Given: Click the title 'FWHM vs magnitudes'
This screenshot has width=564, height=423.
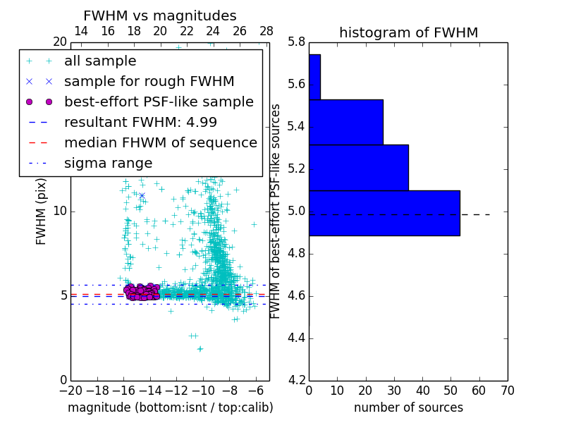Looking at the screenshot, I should (160, 16).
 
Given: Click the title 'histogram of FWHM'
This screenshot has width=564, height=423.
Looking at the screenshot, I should (408, 33).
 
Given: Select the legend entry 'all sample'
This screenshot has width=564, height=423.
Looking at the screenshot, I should (100, 61).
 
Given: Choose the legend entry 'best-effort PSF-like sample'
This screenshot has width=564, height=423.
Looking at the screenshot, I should (159, 102).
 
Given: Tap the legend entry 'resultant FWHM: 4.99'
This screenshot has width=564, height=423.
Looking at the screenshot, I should (140, 122).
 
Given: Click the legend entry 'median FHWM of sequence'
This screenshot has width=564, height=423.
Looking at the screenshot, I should (160, 142).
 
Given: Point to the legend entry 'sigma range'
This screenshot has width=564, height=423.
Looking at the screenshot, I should (108, 163).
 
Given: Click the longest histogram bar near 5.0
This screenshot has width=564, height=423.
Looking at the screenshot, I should (384, 213).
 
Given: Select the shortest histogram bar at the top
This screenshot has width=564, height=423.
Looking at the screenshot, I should (314, 77).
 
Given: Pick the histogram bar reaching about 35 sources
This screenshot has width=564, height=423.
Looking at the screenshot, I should (359, 167).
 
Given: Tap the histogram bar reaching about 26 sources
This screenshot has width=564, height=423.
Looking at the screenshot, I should (345, 122).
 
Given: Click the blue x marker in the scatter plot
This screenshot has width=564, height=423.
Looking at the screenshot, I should (142, 195).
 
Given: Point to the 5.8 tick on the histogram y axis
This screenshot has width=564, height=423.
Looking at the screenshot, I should (296, 42).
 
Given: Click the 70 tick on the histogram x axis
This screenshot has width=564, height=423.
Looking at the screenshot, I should (507, 391).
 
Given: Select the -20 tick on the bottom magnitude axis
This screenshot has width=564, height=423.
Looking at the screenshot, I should (70, 391).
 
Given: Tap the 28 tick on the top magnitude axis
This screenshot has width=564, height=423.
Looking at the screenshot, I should (266, 31).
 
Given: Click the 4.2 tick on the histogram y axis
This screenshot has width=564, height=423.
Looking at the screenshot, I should (296, 380).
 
